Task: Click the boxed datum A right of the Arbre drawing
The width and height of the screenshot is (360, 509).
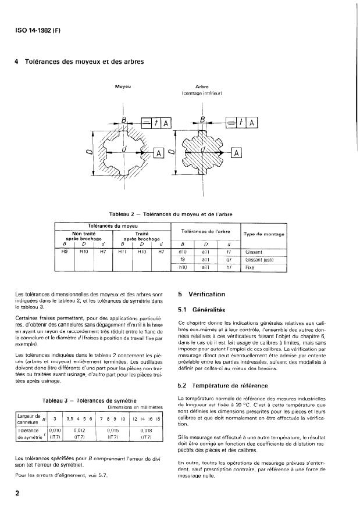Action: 237,153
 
